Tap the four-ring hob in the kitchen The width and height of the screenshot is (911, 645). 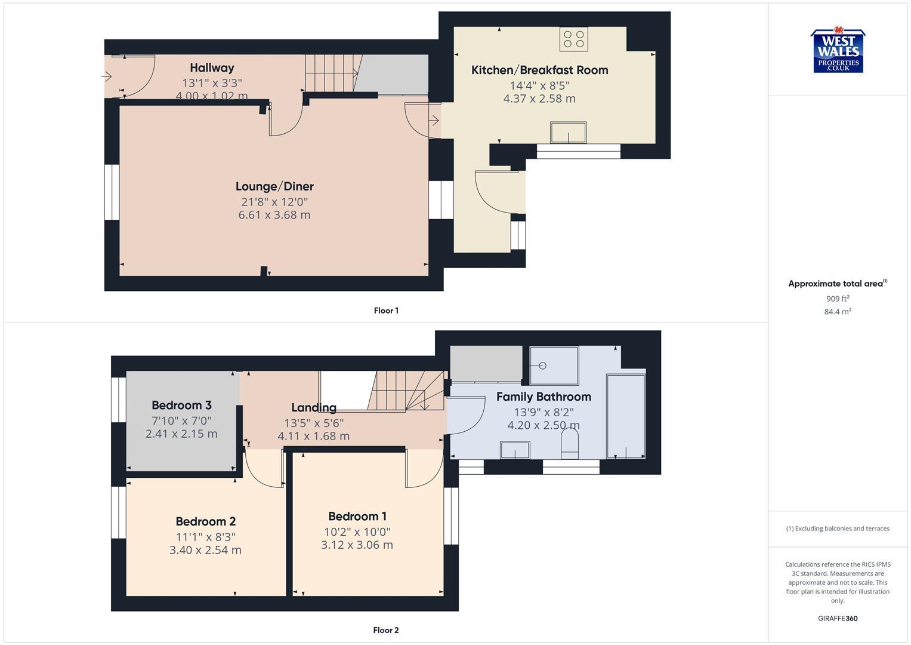click(x=573, y=39)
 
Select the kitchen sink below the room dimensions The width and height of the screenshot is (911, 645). click(x=568, y=133)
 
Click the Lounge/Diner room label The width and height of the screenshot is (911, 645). click(x=274, y=186)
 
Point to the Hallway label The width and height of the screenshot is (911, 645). click(x=212, y=67)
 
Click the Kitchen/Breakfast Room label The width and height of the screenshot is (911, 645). click(x=539, y=70)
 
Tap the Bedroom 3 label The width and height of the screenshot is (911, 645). click(x=181, y=405)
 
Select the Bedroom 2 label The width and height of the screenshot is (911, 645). click(x=205, y=521)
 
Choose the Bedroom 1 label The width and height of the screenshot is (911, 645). click(x=357, y=516)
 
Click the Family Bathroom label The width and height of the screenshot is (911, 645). click(x=543, y=397)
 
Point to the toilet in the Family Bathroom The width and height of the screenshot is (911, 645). click(x=570, y=446)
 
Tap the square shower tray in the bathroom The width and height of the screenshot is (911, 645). click(x=554, y=365)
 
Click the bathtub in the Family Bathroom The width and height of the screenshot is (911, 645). click(x=625, y=416)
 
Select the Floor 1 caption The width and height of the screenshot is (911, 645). click(x=386, y=311)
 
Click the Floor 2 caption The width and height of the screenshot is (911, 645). click(x=386, y=630)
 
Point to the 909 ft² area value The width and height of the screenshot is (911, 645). click(x=838, y=299)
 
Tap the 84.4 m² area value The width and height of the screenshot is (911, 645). click(x=838, y=312)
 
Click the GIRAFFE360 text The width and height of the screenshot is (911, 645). click(x=838, y=619)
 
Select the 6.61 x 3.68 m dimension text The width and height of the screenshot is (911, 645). click(x=274, y=215)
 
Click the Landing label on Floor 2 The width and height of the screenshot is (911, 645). click(x=314, y=407)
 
